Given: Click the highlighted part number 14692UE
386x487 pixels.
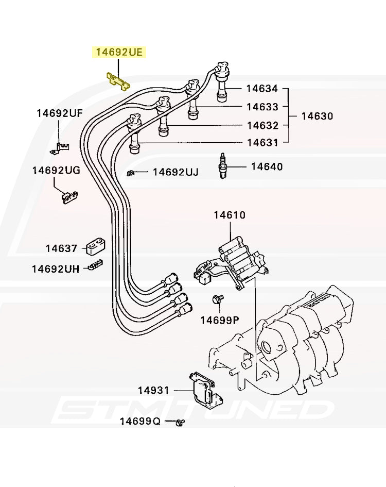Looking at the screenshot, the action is [119, 52].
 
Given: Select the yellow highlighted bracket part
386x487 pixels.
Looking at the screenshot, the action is [118, 82].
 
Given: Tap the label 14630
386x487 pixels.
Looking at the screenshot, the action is [317, 116].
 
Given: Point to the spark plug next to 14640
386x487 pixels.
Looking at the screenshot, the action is [222, 165].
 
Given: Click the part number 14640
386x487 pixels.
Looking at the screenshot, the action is [267, 166].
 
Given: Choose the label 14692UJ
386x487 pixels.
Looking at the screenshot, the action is [176, 172].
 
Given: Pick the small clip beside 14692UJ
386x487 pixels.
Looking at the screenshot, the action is [130, 173].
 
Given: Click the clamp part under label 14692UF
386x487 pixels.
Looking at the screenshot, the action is [60, 148].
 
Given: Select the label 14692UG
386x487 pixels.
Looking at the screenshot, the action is [56, 170].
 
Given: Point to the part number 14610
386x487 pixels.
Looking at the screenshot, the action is [230, 215].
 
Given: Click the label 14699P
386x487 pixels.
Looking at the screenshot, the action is [220, 320].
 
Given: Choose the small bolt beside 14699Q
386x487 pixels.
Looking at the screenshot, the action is [180, 422].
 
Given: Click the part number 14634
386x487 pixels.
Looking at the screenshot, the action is [262, 89].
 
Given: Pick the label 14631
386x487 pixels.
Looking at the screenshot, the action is [262, 143].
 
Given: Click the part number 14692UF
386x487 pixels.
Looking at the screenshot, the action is [60, 113].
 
